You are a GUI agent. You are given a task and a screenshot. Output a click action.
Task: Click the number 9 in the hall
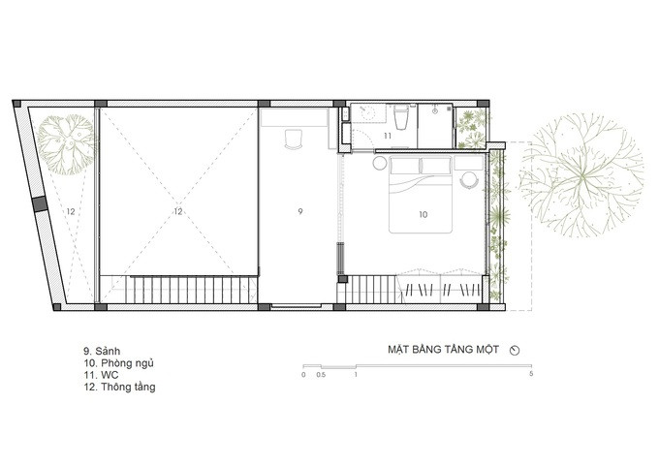click(299, 210)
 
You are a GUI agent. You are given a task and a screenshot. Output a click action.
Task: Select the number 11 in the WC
click(387, 137)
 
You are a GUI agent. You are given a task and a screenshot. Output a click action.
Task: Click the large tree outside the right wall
click(579, 178)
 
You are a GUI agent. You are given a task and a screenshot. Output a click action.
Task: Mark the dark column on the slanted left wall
click(39, 205)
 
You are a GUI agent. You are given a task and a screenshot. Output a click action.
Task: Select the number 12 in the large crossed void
click(177, 210)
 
